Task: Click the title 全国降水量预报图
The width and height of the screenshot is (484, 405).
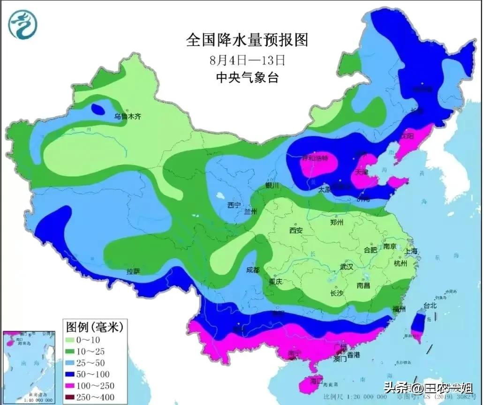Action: (x=247, y=40)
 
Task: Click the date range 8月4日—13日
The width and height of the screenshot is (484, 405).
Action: (x=247, y=60)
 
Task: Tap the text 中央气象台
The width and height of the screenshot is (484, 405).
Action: (x=247, y=77)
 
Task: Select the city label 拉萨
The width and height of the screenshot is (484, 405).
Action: (x=133, y=271)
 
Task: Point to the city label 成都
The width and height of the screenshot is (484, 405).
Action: (x=253, y=270)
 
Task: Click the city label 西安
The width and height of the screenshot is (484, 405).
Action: (x=296, y=231)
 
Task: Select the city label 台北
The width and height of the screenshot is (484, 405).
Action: (x=430, y=306)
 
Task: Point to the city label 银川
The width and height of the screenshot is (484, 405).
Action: (x=272, y=186)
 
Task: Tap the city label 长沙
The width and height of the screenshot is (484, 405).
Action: (x=337, y=293)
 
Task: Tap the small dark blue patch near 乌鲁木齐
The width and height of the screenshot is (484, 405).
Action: (x=98, y=109)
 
